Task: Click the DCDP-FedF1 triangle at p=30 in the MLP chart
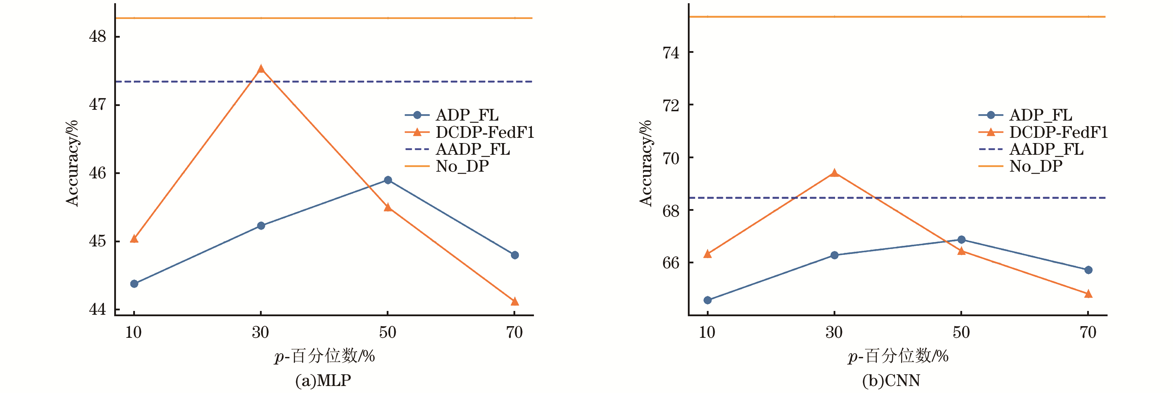[x=261, y=69]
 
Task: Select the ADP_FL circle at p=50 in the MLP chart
[x=388, y=180]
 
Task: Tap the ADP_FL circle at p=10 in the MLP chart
[x=134, y=284]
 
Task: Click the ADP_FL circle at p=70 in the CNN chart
[x=1088, y=270]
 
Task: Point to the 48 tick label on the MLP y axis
[x=98, y=36]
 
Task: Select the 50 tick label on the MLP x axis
[x=388, y=333]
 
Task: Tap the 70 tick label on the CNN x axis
[x=1088, y=333]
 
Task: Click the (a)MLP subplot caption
[x=323, y=380]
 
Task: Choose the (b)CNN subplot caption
[x=891, y=380]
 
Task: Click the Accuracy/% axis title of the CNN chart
[x=646, y=163]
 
